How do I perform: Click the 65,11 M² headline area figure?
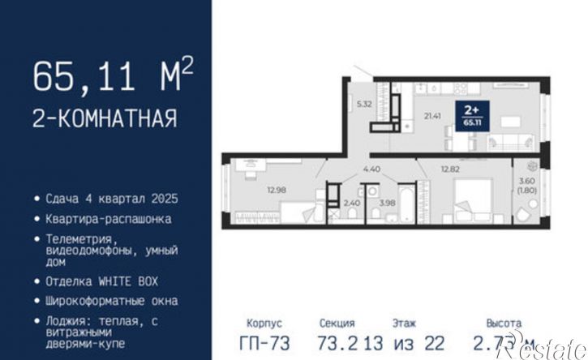point(112,78)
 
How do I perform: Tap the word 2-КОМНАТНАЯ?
point(104,119)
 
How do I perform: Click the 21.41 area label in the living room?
point(431,116)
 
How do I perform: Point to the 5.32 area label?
point(364,104)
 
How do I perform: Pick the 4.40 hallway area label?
point(371,169)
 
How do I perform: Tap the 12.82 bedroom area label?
point(450,169)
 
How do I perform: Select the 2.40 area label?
point(352,203)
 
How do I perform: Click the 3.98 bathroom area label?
point(388,203)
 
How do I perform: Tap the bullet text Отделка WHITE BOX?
point(102,281)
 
